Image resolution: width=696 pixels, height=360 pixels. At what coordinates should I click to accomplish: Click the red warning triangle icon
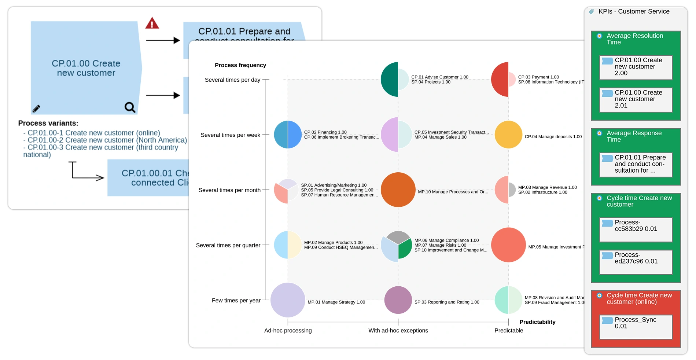[152, 24]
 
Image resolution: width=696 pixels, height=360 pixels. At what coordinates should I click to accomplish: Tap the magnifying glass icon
[130, 107]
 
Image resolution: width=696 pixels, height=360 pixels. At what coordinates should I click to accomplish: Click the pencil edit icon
[36, 109]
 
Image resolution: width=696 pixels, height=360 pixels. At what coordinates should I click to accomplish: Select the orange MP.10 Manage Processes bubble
[398, 190]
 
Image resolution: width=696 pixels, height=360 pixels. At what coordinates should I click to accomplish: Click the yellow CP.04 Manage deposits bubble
[508, 135]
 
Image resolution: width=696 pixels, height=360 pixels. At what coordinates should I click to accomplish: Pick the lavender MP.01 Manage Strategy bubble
[288, 300]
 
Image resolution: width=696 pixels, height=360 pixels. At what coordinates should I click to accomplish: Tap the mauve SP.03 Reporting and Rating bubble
[398, 300]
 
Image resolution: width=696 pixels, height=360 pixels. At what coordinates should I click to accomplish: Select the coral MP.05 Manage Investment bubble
[508, 245]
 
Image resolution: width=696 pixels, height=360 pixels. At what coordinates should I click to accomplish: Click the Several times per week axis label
[230, 135]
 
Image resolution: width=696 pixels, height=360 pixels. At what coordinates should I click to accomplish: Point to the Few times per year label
[236, 300]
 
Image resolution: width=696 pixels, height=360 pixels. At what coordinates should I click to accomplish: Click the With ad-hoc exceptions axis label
[398, 330]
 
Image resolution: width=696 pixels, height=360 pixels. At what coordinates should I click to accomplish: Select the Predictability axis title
[537, 322]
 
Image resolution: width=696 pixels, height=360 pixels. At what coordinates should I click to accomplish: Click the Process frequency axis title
[240, 65]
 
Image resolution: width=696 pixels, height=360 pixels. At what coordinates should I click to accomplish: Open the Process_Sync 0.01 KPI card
[636, 326]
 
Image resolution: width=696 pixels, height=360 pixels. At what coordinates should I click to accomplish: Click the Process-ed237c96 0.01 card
[636, 261]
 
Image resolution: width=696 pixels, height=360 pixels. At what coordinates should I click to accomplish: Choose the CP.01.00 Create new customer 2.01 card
[636, 99]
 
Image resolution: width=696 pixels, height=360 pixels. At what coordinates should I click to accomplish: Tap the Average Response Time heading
[634, 136]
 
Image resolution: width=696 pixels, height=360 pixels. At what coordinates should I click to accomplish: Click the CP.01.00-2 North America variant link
[107, 140]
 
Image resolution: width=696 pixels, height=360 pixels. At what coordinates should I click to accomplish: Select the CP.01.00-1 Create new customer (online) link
[93, 133]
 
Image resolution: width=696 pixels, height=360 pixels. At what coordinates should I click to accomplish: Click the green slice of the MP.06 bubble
[405, 249]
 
